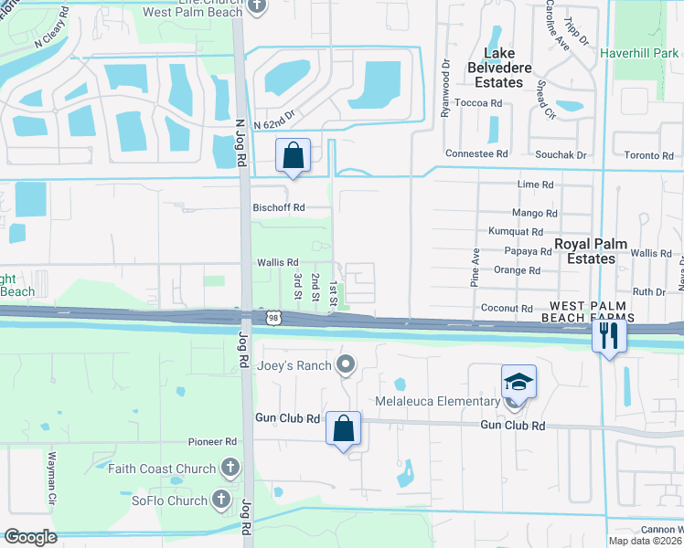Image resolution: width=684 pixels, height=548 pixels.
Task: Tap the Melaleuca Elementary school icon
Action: (518, 383)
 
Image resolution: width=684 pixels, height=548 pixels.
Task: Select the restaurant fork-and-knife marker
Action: (608, 336)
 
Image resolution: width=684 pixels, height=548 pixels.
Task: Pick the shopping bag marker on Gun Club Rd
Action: (343, 428)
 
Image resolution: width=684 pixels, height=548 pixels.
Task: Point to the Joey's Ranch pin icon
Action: (346, 366)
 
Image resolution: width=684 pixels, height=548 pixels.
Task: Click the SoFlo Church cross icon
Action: (221, 500)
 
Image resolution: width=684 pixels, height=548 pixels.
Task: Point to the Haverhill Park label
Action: (639, 53)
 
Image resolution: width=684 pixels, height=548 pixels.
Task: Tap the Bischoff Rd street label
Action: (278, 207)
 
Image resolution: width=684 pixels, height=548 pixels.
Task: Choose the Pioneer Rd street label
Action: (212, 442)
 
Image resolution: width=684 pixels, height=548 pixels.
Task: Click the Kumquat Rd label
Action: (516, 232)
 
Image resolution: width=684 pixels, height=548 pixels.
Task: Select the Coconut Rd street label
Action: (506, 309)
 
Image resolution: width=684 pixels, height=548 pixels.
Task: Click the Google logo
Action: (30, 537)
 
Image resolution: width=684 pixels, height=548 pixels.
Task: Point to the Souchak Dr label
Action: (561, 154)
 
